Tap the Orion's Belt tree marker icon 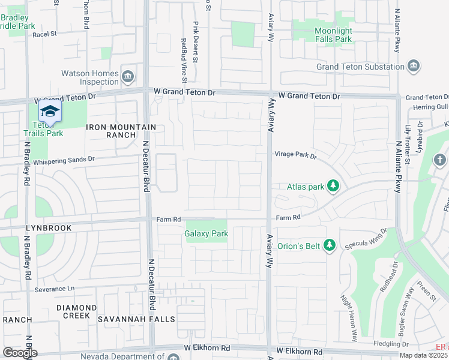(x=329, y=245)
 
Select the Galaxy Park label (x=206, y=233)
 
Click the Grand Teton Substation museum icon (x=413, y=66)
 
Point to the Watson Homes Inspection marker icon (x=127, y=76)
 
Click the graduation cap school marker (x=50, y=112)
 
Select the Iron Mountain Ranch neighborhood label (x=121, y=131)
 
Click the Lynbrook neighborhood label (x=49, y=228)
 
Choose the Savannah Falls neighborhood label (x=134, y=319)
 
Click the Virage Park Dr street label (x=295, y=155)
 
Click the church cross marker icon (x=439, y=160)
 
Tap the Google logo (x=20, y=353)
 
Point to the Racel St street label (x=44, y=34)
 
